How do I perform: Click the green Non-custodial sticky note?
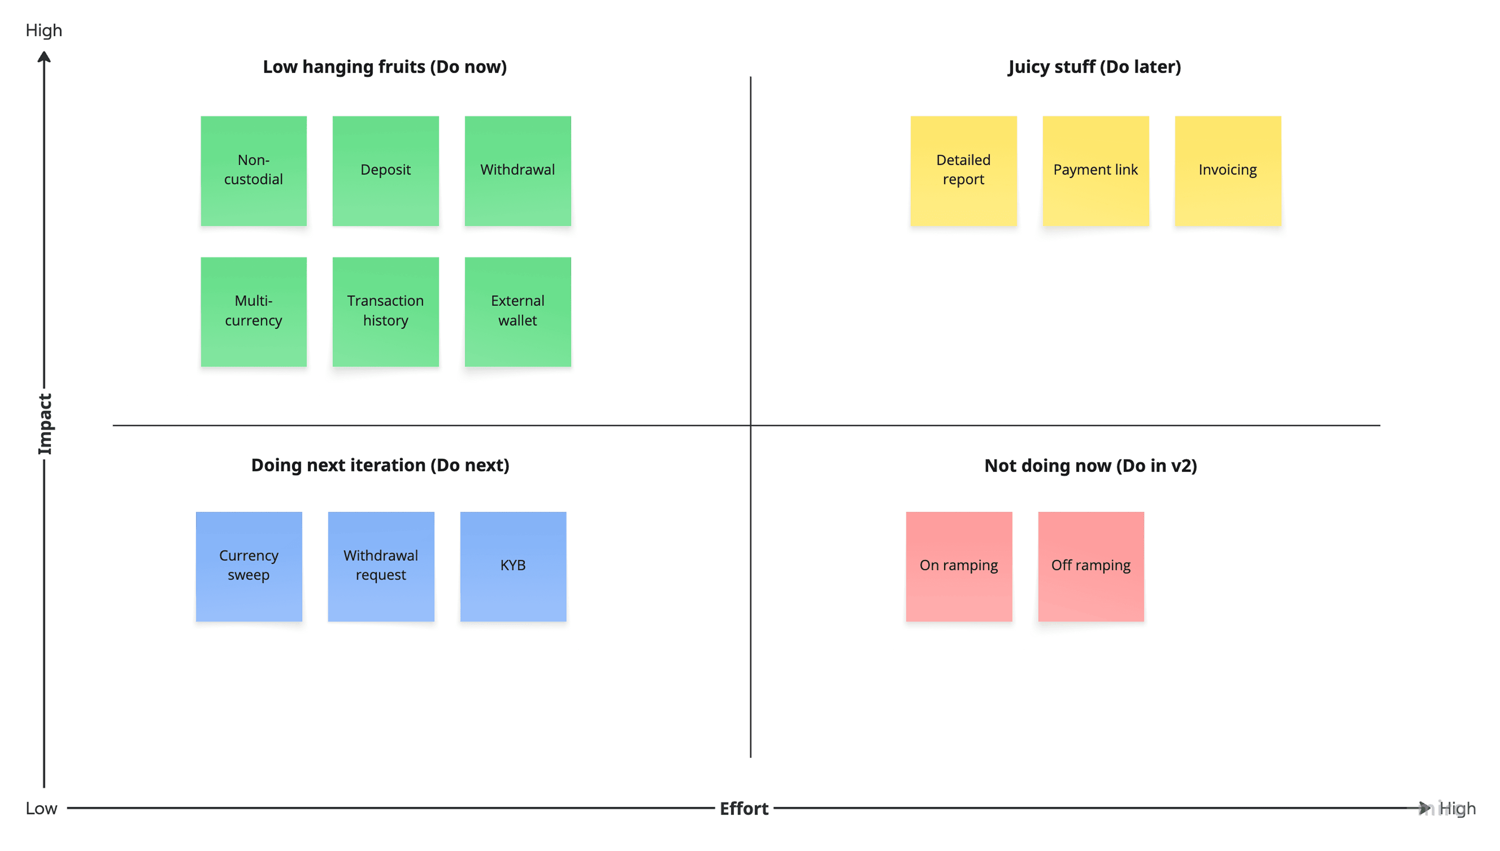coord(253,170)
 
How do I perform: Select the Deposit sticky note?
coord(385,170)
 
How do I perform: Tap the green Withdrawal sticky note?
coord(517,170)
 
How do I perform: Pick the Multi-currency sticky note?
coord(253,311)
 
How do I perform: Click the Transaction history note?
coord(385,311)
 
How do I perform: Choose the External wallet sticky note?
coord(517,311)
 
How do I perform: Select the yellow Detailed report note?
coord(963,170)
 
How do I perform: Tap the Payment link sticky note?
coord(1095,170)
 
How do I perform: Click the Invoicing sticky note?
coord(1227,170)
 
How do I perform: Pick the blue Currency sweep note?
coord(248,566)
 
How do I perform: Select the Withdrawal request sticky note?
coord(380,566)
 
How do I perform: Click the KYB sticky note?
coord(512,566)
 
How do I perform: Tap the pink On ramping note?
coord(959,566)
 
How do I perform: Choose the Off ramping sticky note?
coord(1091,566)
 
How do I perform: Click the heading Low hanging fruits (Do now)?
coord(385,66)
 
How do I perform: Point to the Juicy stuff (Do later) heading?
coord(1094,66)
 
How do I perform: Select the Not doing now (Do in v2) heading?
coord(1091,465)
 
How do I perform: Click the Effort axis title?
coord(743,809)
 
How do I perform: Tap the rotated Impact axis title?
coord(45,424)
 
